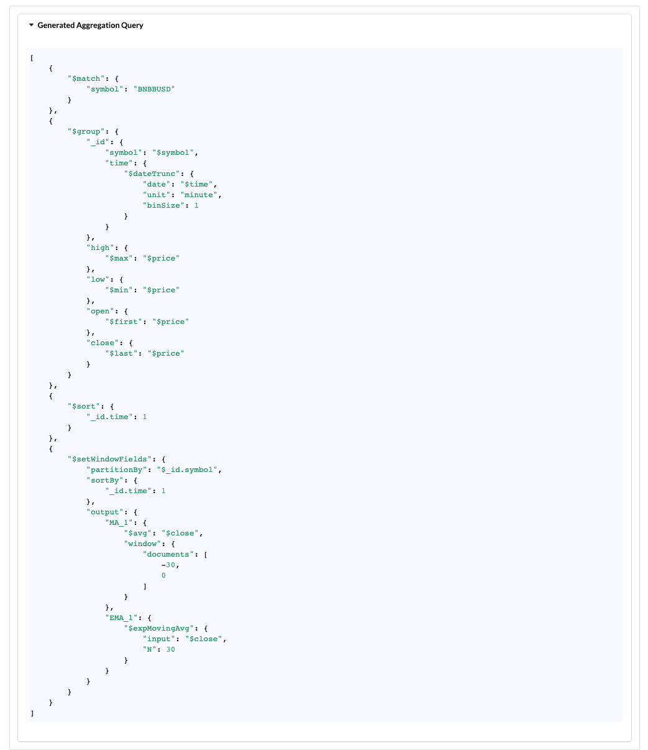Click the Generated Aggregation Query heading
pos(90,25)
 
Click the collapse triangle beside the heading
pos(31,25)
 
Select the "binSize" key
pos(163,205)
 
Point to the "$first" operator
pos(123,322)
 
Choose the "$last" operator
pos(121,353)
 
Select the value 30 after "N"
pos(170,649)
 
